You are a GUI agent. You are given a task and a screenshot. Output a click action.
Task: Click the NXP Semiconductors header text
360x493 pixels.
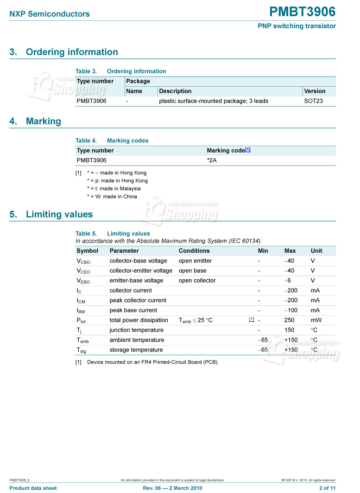(50, 14)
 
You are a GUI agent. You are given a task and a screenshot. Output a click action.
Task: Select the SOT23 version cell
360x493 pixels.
(313, 101)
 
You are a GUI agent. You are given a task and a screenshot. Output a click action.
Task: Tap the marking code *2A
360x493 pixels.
(212, 160)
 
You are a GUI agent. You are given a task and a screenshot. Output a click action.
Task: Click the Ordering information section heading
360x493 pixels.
(72, 52)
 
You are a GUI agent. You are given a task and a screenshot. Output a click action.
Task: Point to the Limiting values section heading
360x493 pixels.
(59, 214)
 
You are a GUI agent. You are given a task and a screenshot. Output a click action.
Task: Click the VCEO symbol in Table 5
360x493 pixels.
(83, 271)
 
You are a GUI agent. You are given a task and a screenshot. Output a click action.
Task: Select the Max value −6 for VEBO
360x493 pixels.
(288, 281)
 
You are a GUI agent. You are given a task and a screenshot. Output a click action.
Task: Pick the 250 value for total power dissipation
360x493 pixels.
(289, 320)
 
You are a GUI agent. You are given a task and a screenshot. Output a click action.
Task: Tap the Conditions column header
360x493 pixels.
(194, 250)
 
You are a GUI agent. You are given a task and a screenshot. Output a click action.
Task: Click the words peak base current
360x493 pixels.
(133, 310)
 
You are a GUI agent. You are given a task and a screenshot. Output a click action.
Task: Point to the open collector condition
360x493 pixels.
(197, 281)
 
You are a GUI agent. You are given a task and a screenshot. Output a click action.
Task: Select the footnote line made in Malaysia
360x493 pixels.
(114, 188)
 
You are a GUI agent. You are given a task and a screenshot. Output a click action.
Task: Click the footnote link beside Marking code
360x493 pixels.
(248, 150)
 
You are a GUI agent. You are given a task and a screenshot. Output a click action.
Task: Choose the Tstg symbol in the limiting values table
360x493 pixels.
(82, 350)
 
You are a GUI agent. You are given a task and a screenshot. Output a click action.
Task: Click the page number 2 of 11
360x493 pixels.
(327, 488)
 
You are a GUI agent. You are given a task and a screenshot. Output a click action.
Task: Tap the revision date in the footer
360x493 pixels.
(173, 488)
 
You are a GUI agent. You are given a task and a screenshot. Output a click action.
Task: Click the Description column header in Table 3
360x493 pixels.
(175, 91)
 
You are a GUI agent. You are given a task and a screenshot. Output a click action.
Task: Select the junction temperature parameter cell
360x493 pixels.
(136, 330)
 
